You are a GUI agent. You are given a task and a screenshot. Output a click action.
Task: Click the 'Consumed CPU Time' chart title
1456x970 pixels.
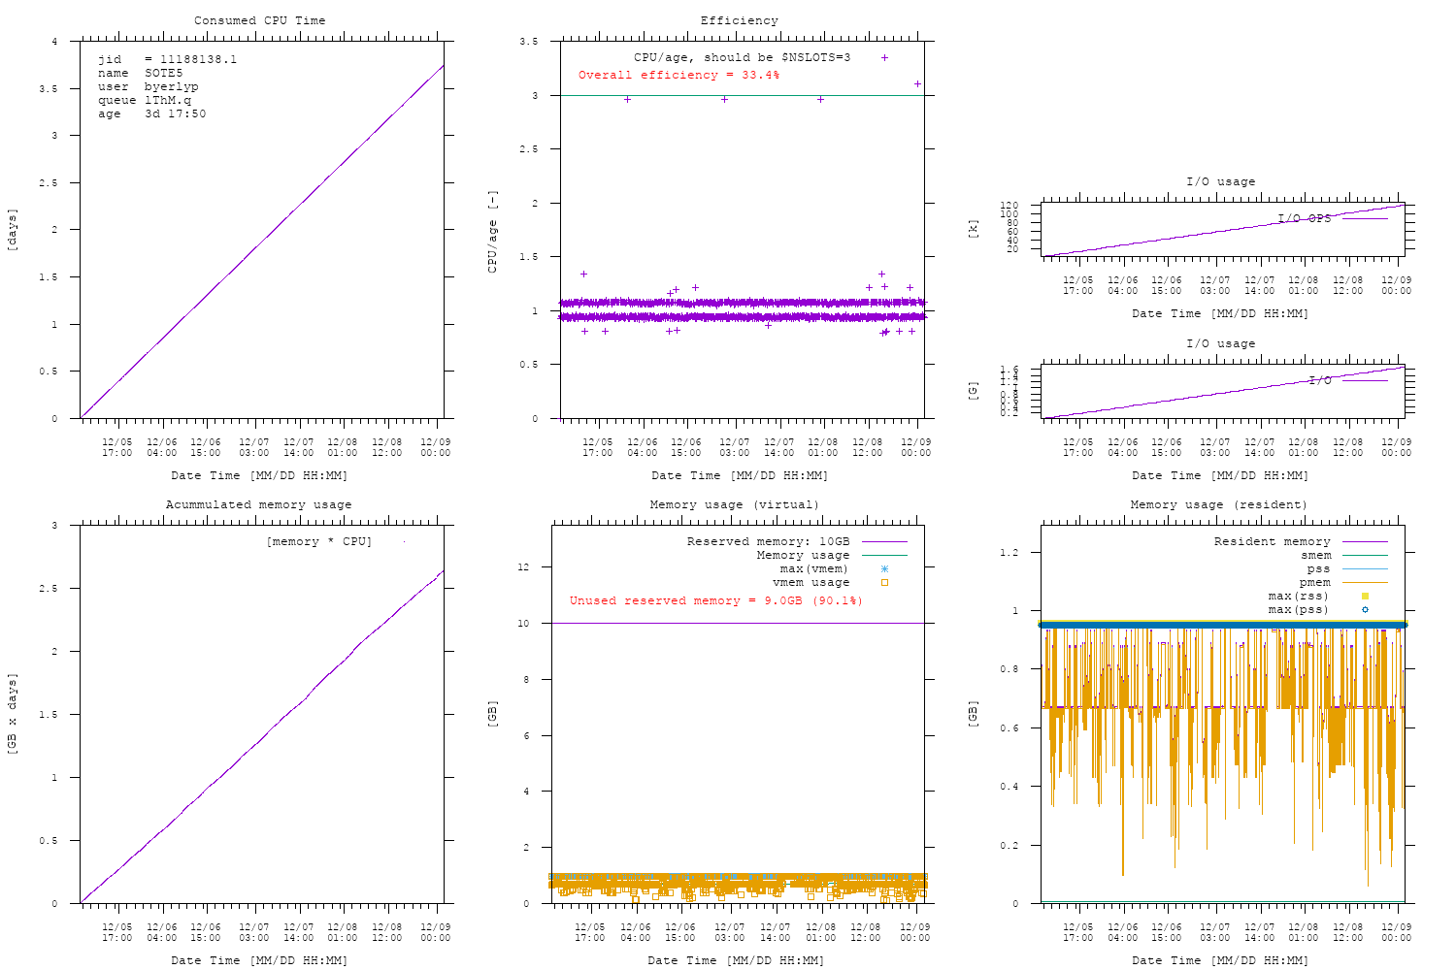259,20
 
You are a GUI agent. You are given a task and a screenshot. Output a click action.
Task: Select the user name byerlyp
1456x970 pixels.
171,86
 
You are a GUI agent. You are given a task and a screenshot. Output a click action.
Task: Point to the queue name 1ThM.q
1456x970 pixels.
168,100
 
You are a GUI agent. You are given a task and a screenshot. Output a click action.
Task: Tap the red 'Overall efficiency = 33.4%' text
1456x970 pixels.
678,75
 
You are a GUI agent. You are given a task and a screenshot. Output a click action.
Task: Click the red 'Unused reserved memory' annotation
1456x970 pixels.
715,600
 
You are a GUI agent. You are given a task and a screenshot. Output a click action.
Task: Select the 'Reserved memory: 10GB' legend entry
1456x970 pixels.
768,541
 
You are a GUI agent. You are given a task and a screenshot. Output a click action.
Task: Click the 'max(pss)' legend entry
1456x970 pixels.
1298,609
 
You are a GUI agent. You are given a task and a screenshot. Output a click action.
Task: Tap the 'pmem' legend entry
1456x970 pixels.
1314,582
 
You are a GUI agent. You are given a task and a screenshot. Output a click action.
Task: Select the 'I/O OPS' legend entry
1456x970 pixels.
1304,218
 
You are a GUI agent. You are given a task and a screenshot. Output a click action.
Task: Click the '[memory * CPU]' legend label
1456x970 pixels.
318,541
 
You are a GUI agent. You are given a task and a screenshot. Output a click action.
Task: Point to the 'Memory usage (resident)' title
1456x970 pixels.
1218,504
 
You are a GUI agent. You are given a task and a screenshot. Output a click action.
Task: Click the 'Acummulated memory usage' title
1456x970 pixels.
258,504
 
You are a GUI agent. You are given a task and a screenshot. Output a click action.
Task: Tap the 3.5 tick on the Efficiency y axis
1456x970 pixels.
529,42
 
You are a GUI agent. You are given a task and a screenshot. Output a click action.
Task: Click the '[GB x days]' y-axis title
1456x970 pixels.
13,714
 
